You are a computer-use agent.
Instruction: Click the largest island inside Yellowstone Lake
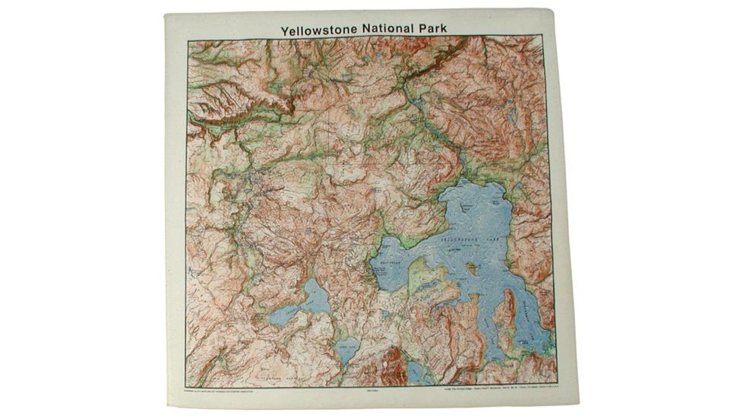[x=473, y=268]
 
